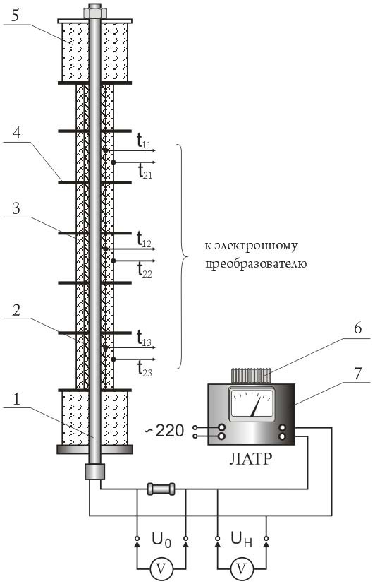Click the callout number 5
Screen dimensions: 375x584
15,16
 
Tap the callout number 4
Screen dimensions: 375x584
16,133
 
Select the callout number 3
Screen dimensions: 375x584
16,208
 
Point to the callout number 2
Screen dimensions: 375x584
16,310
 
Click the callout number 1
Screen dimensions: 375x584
16,400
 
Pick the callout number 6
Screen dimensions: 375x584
357,328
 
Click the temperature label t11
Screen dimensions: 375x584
144,141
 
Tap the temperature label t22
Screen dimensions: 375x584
145,270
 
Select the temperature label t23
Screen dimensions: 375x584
145,369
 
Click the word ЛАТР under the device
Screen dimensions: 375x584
250,458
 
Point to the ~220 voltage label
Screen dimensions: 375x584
164,431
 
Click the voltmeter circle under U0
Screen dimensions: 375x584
161,568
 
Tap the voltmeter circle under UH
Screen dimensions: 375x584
242,568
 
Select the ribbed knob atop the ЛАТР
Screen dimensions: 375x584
251,376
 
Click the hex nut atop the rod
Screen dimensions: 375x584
95,11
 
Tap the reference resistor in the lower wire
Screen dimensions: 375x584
161,489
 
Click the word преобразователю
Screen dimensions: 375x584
256,264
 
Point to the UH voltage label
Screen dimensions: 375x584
242,540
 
